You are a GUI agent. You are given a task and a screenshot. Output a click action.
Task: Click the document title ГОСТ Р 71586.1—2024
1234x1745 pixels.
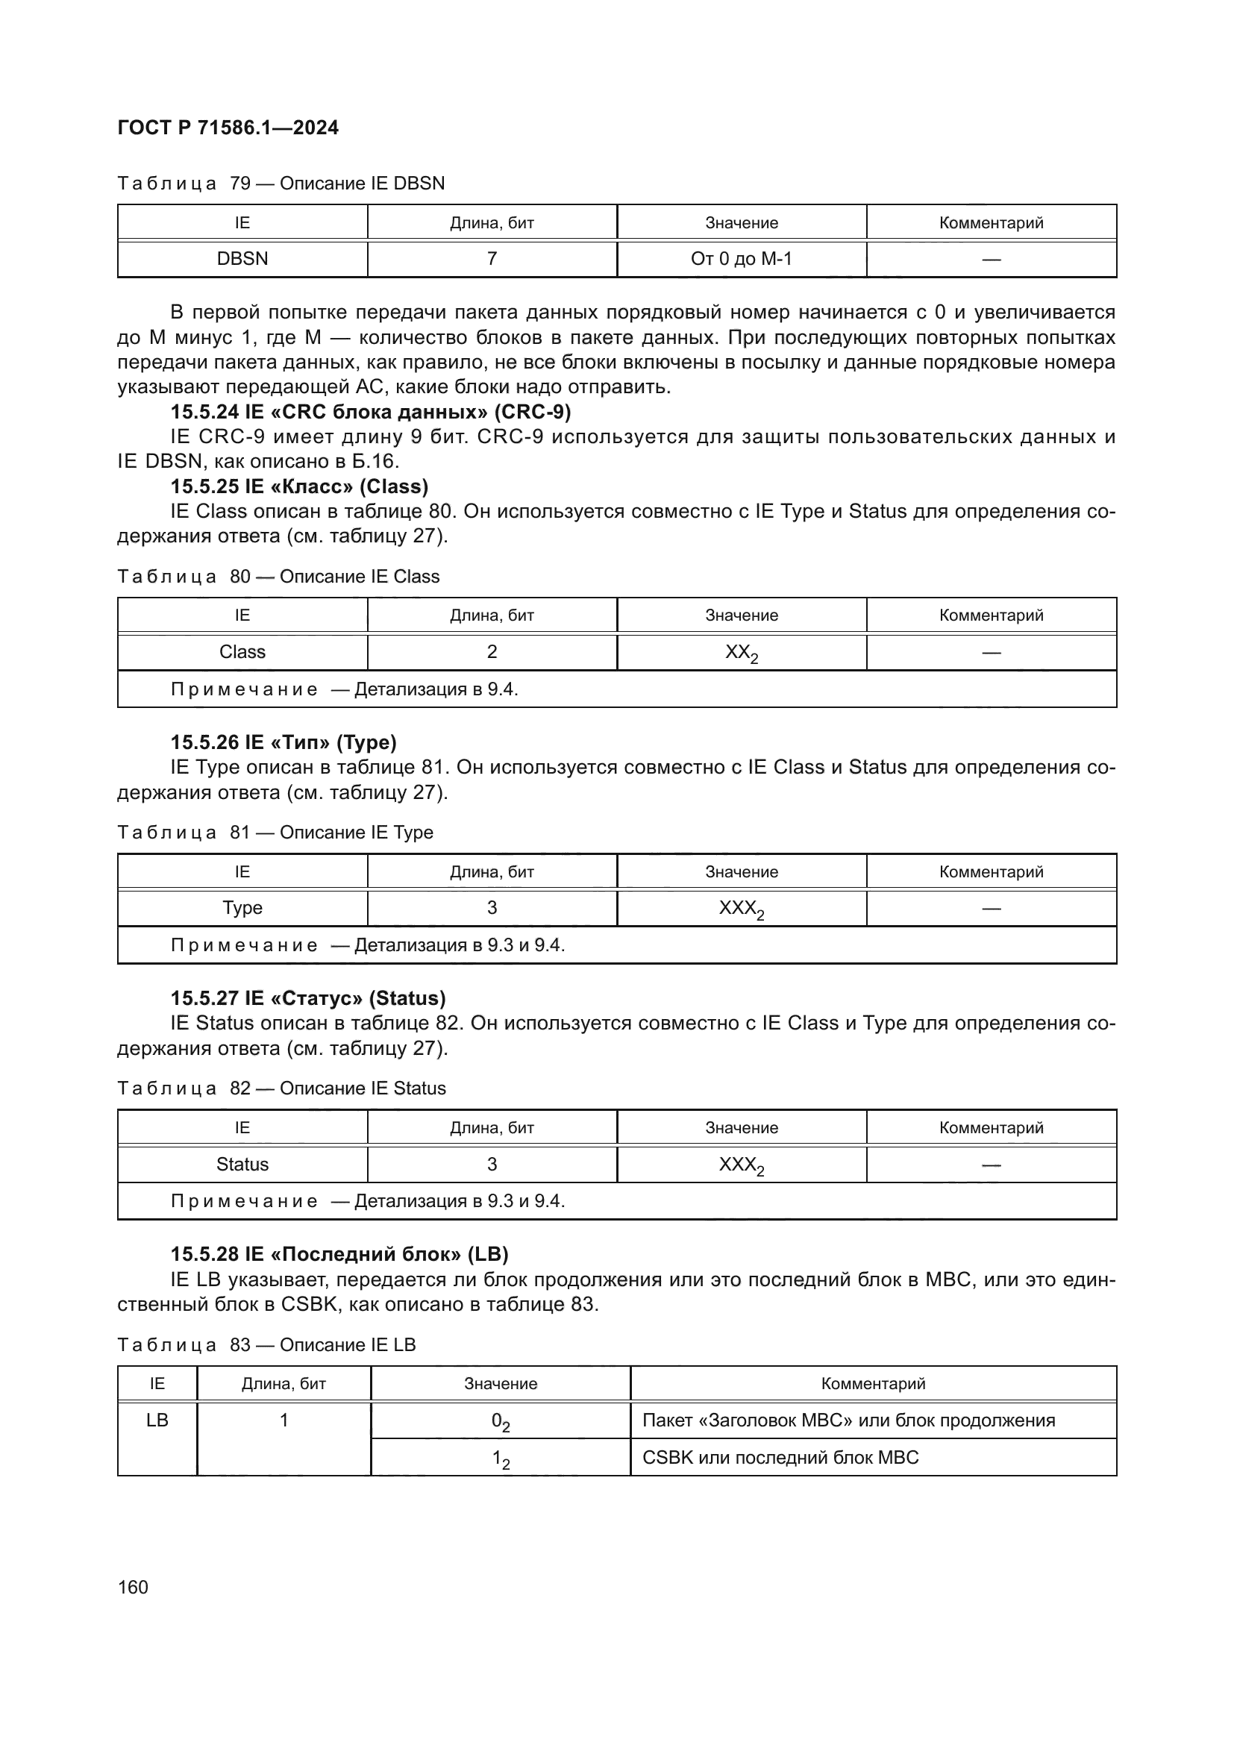228,128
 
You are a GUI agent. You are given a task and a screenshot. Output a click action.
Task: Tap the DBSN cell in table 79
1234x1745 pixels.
242,259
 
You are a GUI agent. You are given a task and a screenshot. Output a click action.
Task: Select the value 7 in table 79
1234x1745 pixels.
492,259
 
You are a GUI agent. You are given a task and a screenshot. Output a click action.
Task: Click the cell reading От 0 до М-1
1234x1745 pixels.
741,259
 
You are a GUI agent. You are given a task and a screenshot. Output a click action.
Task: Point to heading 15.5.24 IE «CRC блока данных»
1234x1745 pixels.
370,412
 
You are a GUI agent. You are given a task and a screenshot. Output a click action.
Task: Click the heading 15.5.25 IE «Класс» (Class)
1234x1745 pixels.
299,486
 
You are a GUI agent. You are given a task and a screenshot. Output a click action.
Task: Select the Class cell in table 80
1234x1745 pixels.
242,652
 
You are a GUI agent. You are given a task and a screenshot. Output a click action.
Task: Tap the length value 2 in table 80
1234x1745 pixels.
492,652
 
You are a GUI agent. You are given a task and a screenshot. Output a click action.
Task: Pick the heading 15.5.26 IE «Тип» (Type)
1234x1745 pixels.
283,742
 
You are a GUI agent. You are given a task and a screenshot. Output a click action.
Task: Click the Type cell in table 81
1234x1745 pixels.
242,908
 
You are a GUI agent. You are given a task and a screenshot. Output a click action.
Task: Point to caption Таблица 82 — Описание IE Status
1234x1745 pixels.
281,1088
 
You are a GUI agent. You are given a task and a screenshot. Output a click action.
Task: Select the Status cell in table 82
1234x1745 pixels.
242,1165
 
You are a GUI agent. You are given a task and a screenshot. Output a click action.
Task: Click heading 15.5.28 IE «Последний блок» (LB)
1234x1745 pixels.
339,1254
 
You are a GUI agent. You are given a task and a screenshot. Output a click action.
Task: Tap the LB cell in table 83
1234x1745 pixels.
157,1420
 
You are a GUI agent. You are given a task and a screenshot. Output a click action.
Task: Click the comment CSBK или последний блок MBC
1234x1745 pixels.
780,1458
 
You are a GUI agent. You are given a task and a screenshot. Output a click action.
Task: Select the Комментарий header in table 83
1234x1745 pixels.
873,1384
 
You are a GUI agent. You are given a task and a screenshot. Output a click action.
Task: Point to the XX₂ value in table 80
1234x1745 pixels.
741,653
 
